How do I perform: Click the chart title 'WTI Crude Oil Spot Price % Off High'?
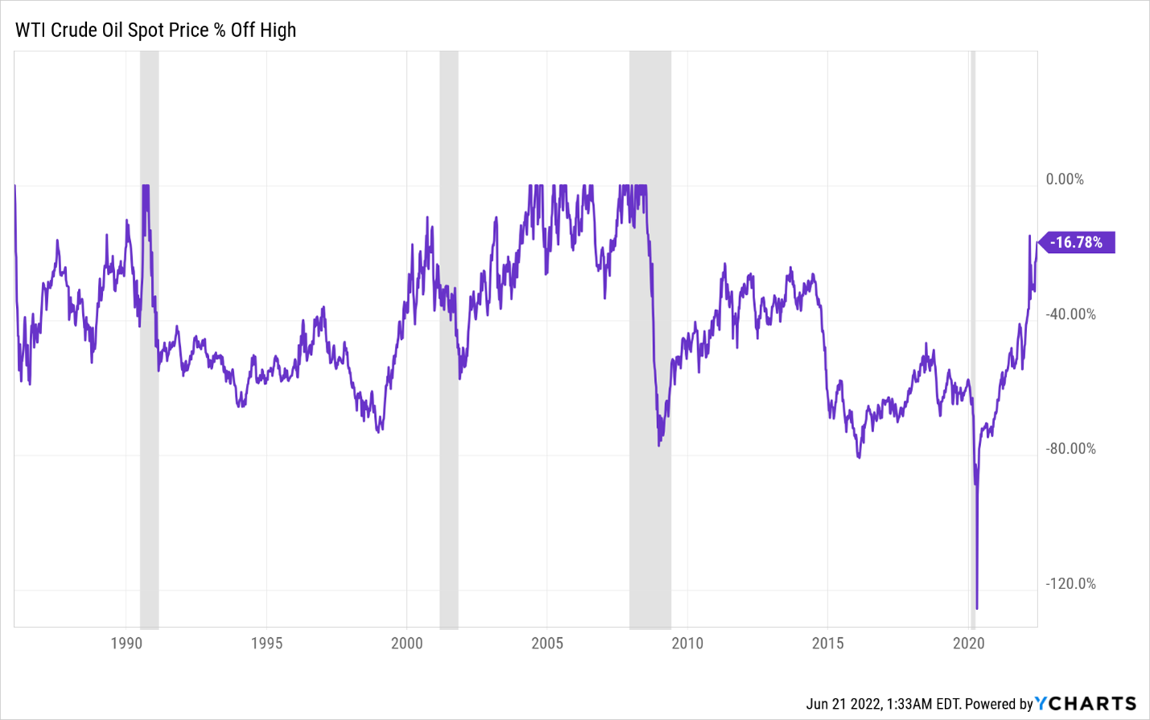coord(156,30)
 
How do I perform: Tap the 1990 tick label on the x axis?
coord(126,643)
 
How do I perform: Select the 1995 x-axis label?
coord(266,643)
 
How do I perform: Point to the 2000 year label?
coord(407,643)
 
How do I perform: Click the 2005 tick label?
coord(548,643)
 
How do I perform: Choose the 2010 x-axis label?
coord(688,643)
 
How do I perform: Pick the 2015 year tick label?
coord(828,643)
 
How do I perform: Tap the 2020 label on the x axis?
coord(968,643)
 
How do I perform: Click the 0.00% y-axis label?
coord(1065,179)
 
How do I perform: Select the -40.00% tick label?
coord(1070,314)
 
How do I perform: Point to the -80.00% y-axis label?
coord(1070,448)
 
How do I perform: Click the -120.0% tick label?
coord(1070,583)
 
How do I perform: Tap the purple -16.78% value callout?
coord(1078,242)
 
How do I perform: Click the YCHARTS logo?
coord(1086,704)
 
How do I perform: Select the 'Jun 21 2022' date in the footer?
coord(842,704)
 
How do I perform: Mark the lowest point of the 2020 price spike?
coord(977,608)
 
